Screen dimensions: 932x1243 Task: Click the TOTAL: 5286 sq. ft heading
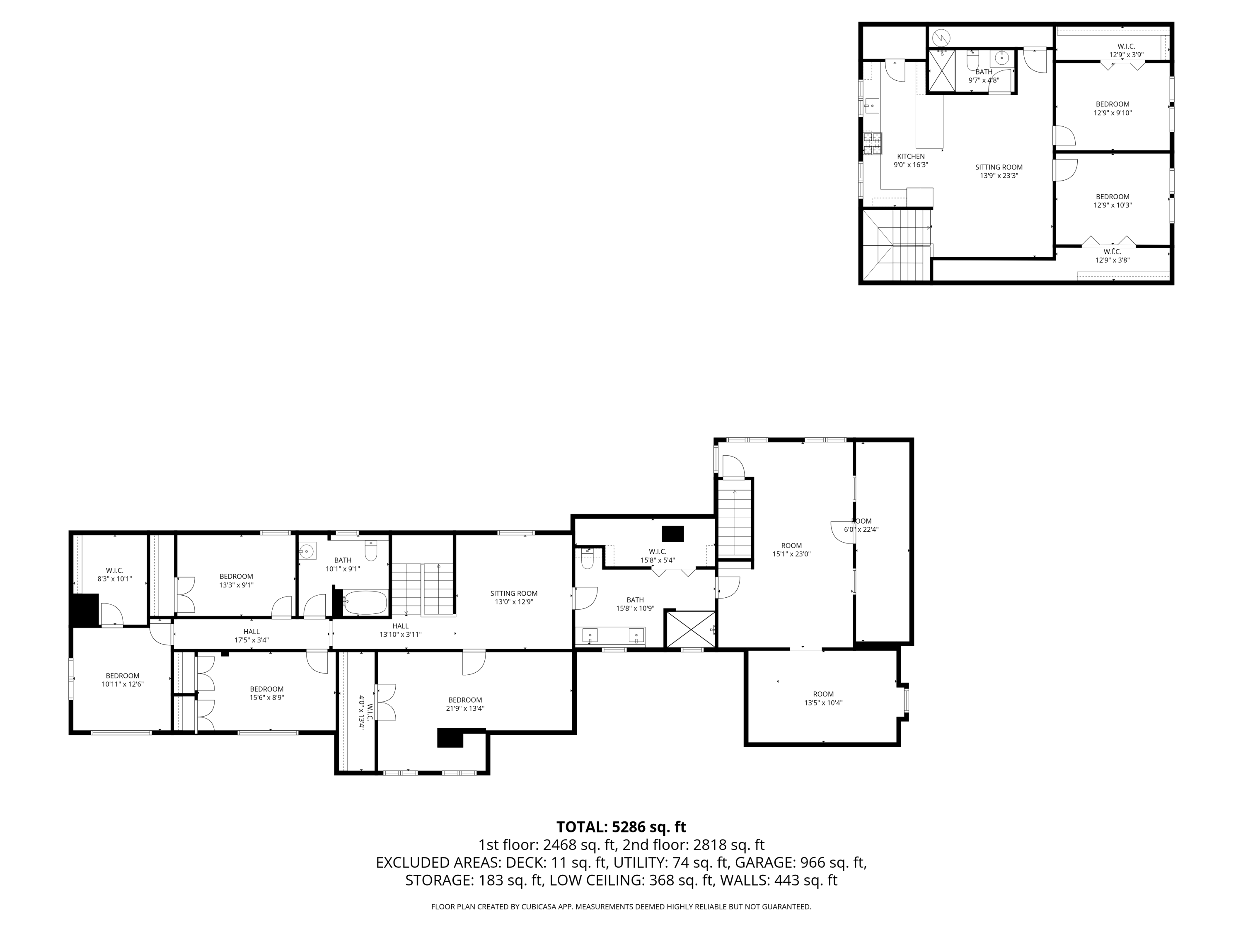pos(621,827)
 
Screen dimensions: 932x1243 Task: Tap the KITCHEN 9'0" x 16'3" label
pos(910,161)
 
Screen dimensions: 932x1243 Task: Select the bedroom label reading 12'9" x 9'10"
pos(1112,109)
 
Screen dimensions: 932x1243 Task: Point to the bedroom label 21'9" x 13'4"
pos(465,704)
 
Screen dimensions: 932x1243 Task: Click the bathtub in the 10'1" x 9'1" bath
pos(365,602)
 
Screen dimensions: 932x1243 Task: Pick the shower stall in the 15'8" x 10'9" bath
pos(689,629)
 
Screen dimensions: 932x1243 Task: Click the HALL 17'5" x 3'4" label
pos(251,635)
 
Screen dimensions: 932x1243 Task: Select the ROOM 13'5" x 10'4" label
pos(823,698)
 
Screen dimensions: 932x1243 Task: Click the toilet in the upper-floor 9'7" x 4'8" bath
pos(973,58)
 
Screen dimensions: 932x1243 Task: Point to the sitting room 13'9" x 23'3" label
pos(999,171)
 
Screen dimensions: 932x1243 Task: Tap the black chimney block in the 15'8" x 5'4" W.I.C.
pos(672,533)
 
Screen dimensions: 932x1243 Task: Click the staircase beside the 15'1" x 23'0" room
pos(735,522)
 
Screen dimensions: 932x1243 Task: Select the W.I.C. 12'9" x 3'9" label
pos(1126,51)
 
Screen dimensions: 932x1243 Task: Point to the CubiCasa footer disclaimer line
pos(621,906)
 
